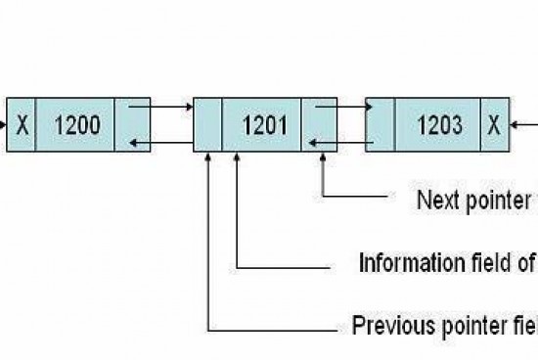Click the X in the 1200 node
coord(22,124)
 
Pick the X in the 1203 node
coord(494,124)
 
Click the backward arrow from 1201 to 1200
coord(161,145)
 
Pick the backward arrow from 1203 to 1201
coord(342,145)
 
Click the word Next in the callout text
coord(436,202)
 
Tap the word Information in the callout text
coord(401,263)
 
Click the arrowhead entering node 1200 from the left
coord(4,124)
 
